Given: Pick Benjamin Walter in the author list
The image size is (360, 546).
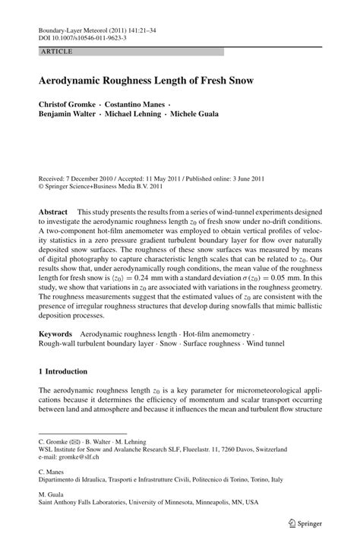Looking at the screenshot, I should tap(68, 115).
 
